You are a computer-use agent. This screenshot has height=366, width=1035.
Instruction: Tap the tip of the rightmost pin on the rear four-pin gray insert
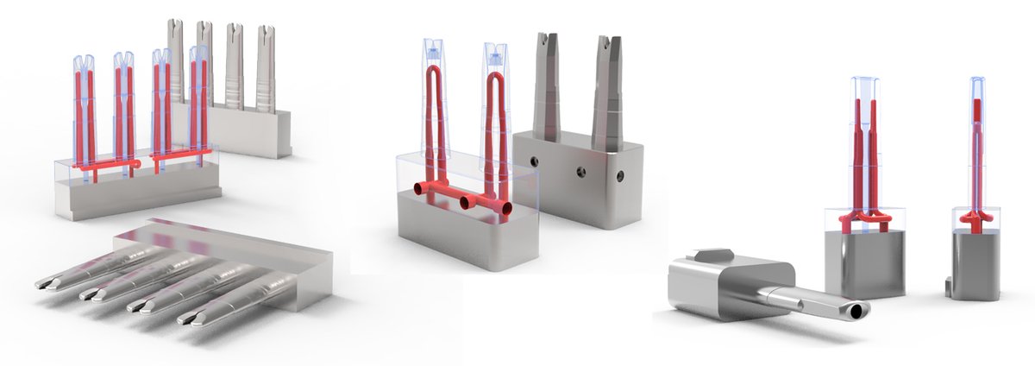click(267, 32)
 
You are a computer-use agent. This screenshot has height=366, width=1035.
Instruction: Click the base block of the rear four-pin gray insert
click(250, 134)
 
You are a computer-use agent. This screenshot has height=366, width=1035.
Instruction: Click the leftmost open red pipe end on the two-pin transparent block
click(419, 189)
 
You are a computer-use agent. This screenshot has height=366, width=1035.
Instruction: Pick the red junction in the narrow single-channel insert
click(975, 219)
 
